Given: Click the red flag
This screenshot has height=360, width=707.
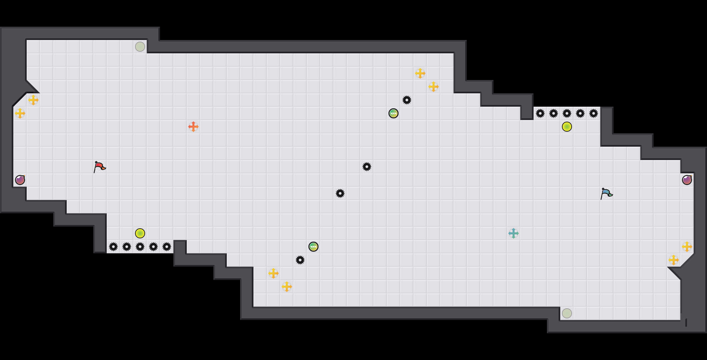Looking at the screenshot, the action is [99, 167].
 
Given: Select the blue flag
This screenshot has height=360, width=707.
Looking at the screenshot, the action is [606, 193].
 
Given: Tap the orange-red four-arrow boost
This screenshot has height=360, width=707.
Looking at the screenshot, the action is [193, 127].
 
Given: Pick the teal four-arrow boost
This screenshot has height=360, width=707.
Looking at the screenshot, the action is [514, 233].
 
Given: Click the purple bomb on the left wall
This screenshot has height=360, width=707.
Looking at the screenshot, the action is [20, 180].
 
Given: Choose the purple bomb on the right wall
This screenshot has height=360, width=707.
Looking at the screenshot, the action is [687, 180].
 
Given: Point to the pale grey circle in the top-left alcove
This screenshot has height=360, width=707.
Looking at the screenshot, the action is [140, 47].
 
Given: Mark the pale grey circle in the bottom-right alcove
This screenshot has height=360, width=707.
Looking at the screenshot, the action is [567, 313].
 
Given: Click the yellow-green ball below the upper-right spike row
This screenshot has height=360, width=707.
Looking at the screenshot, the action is [567, 127].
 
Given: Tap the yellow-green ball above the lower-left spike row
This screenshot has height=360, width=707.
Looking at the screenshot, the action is [140, 233].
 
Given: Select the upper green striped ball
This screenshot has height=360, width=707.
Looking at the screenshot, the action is [394, 113].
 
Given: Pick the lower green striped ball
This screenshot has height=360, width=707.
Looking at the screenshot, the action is [313, 247].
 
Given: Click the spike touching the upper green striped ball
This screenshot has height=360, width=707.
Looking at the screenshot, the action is [407, 100].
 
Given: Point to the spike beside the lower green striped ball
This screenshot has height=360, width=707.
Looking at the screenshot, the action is [300, 260].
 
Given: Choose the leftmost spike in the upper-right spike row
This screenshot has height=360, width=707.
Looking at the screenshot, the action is [540, 113].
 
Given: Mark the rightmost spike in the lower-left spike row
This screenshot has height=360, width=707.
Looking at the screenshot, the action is [167, 247].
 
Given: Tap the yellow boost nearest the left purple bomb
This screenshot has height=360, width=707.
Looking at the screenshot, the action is [20, 113].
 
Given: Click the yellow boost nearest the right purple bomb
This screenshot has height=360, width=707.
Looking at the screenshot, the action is [687, 247].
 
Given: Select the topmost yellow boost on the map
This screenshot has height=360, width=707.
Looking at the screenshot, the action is [420, 73].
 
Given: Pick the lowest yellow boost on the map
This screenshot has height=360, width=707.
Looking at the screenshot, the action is [287, 287].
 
